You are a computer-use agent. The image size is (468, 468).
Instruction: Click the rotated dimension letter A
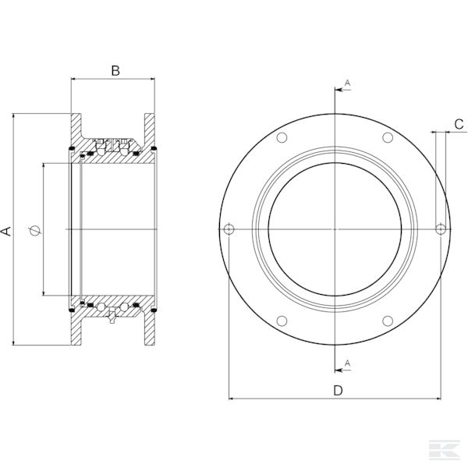click(6, 230)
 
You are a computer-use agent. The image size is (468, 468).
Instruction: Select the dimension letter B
click(115, 71)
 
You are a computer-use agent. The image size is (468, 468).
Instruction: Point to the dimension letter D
click(338, 390)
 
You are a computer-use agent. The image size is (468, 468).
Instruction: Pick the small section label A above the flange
click(347, 81)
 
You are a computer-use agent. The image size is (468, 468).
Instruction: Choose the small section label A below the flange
click(347, 363)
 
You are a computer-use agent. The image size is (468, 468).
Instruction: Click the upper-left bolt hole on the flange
click(282, 138)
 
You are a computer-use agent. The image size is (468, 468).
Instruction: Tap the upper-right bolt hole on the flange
click(387, 138)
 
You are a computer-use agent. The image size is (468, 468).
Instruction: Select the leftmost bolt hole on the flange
click(229, 229)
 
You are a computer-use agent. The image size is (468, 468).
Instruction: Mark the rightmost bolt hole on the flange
click(441, 229)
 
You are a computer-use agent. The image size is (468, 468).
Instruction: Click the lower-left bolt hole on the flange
click(282, 321)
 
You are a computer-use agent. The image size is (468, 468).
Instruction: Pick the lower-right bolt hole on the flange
click(387, 321)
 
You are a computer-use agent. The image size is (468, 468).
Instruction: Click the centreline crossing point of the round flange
click(335, 229)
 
